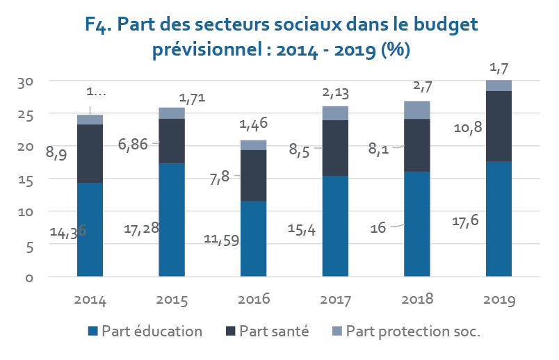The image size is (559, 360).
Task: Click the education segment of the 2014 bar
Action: pos(90,229)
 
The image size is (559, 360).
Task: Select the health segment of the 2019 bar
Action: pos(499,126)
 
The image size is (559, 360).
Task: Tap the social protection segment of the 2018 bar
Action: pos(417,110)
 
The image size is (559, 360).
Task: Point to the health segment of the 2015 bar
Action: pos(172,141)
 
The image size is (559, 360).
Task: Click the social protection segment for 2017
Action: pos(335,113)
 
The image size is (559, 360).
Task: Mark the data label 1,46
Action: pos(254,125)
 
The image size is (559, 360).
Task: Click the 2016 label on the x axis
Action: pos(253,300)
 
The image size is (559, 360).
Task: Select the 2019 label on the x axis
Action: pos(499,300)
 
